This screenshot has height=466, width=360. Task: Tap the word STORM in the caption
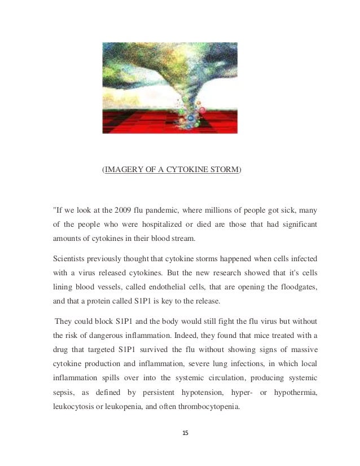click(223, 169)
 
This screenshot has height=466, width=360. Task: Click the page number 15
click(186, 434)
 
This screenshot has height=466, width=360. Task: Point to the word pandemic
click(163, 212)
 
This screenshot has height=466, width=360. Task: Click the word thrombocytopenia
click(209, 406)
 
